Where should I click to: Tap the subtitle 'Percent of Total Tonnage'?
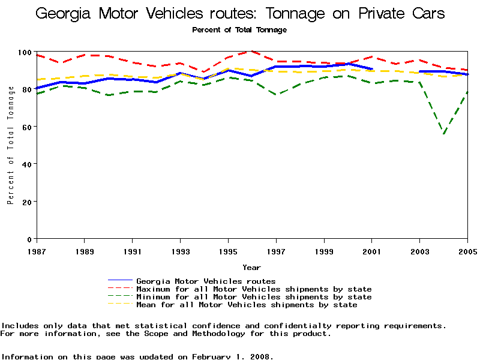point(239,30)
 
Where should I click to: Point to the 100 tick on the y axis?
point(26,53)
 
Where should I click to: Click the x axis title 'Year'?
point(251,267)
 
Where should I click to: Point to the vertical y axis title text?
point(11,145)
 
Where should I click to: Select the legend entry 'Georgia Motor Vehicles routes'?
point(206,281)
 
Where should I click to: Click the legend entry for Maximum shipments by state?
point(254,289)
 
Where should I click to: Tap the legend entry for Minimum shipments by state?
point(254,297)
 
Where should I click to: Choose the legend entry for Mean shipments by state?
point(247,305)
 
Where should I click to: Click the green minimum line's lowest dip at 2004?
point(444,134)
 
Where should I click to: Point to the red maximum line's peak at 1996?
point(252,52)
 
